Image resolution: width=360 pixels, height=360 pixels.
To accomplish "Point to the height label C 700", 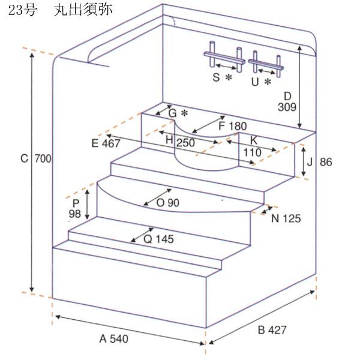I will tap(36, 159).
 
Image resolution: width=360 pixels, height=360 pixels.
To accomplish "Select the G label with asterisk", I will tap(178, 113).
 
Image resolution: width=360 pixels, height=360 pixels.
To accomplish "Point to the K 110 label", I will tap(253, 146).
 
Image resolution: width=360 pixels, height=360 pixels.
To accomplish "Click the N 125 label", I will tap(285, 218).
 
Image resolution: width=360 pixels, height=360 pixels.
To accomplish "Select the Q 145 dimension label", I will tap(158, 239).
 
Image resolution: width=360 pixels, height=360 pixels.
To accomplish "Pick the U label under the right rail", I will tap(260, 81).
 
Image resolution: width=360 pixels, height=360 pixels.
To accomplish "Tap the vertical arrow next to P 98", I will tap(88, 204).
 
